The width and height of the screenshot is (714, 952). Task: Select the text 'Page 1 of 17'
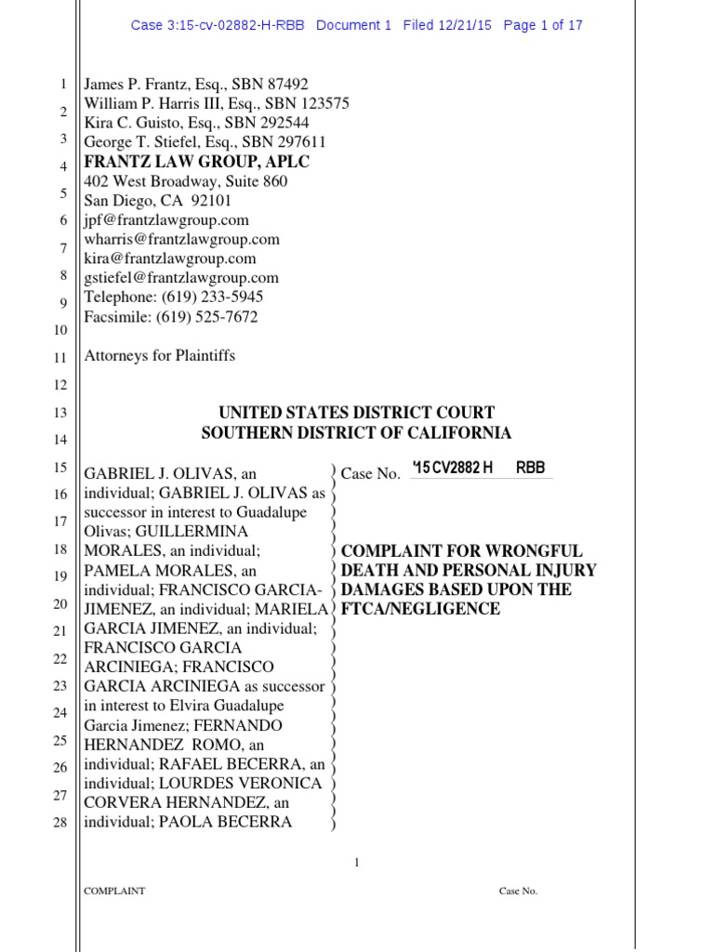click(x=543, y=25)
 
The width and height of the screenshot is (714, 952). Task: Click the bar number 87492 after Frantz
click(x=280, y=84)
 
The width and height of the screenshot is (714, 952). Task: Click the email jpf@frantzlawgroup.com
click(x=166, y=220)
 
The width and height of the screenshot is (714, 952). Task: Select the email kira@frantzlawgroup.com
click(x=170, y=258)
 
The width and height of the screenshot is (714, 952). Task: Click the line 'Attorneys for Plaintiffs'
click(x=159, y=355)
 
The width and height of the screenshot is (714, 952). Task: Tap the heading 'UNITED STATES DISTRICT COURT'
click(x=356, y=413)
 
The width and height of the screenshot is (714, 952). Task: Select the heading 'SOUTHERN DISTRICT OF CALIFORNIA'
click(x=356, y=432)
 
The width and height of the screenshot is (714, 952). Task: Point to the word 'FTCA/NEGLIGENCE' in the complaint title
click(x=421, y=609)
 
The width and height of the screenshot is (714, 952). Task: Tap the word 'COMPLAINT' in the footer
click(x=114, y=892)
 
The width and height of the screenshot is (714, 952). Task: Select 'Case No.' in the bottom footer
click(x=518, y=892)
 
